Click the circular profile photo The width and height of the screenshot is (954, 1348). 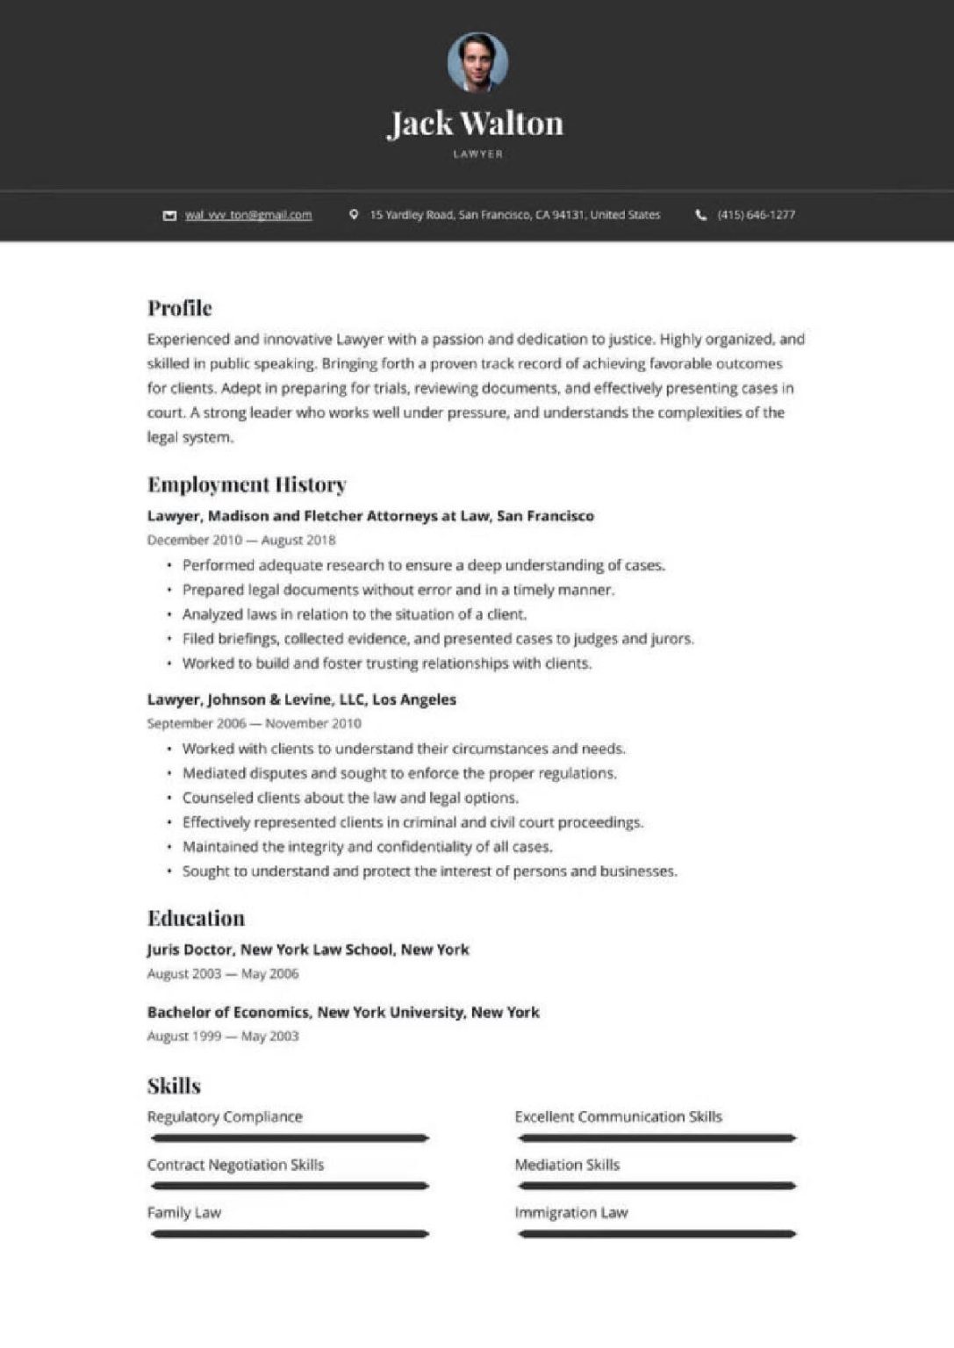pyautogui.click(x=477, y=62)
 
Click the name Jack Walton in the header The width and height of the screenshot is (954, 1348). pyautogui.click(x=476, y=124)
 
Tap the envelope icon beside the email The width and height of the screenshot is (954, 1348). pyautogui.click(x=169, y=215)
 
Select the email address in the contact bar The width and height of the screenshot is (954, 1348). pyautogui.click(x=248, y=215)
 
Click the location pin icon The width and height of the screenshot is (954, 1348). pyautogui.click(x=354, y=214)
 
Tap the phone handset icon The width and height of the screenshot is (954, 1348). pyautogui.click(x=701, y=215)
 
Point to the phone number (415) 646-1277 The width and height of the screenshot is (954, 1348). pyautogui.click(x=756, y=215)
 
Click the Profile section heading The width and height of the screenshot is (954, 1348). pyautogui.click(x=180, y=308)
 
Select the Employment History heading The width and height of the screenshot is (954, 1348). pyautogui.click(x=247, y=484)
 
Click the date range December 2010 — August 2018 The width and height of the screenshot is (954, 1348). pyautogui.click(x=241, y=540)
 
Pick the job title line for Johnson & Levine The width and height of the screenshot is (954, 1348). pyautogui.click(x=302, y=699)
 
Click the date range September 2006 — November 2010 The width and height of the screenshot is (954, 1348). pyautogui.click(x=255, y=723)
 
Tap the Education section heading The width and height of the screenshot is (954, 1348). pyautogui.click(x=196, y=918)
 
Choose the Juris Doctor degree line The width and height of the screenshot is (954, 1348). pyautogui.click(x=308, y=950)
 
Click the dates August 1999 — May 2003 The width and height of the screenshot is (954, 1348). pyautogui.click(x=223, y=1036)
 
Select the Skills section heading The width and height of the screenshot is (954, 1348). pyautogui.click(x=174, y=1086)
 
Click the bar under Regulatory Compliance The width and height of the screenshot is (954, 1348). pyautogui.click(x=290, y=1138)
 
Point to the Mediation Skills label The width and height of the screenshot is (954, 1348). pyautogui.click(x=567, y=1165)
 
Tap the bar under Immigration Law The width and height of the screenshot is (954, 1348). pyautogui.click(x=656, y=1234)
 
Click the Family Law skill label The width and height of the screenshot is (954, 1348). pyautogui.click(x=184, y=1213)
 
